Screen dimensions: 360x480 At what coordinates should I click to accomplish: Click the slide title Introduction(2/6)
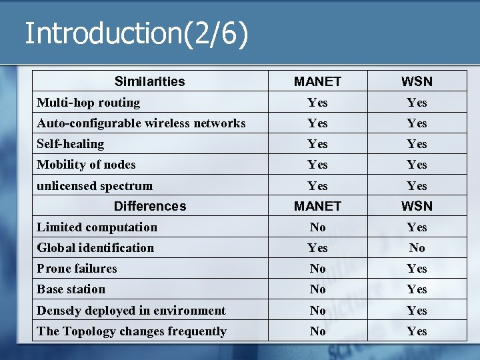pyautogui.click(x=136, y=33)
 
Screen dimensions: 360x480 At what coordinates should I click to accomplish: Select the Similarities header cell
pyautogui.click(x=149, y=81)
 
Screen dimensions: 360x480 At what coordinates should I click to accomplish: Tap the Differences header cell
pyautogui.click(x=149, y=206)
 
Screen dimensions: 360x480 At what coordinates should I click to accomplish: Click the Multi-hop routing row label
pyautogui.click(x=88, y=103)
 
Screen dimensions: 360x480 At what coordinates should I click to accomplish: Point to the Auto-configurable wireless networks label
pyautogui.click(x=141, y=123)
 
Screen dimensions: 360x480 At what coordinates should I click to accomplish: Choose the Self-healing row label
pyautogui.click(x=70, y=144)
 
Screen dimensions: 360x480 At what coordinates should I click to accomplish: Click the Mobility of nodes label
pyautogui.click(x=86, y=165)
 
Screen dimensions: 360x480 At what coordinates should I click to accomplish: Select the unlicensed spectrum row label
pyautogui.click(x=95, y=186)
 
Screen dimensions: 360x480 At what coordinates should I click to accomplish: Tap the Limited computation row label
pyautogui.click(x=97, y=227)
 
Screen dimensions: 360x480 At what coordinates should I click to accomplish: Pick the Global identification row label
pyautogui.click(x=95, y=248)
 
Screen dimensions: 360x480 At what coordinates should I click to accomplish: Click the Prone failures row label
pyautogui.click(x=77, y=269)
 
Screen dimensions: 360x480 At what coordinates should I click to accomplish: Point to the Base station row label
pyautogui.click(x=71, y=289)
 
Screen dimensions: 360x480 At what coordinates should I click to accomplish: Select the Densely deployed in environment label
pyautogui.click(x=131, y=311)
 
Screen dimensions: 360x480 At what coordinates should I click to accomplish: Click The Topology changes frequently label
pyautogui.click(x=131, y=331)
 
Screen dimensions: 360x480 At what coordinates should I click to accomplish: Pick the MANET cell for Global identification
pyautogui.click(x=317, y=248)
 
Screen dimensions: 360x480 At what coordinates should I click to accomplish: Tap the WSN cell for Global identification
pyautogui.click(x=417, y=248)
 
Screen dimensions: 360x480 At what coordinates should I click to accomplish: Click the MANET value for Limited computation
pyautogui.click(x=317, y=227)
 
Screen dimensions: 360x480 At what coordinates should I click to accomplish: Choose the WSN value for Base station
pyautogui.click(x=417, y=289)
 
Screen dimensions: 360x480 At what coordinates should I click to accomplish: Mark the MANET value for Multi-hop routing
pyautogui.click(x=317, y=103)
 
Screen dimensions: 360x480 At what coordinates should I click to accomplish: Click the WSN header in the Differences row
pyautogui.click(x=417, y=206)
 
